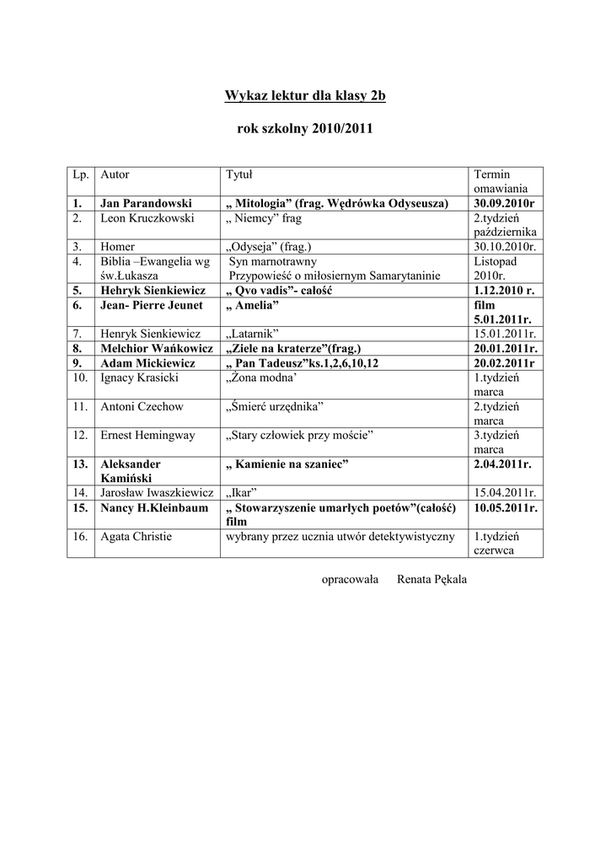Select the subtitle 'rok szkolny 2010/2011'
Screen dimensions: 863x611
[305, 130]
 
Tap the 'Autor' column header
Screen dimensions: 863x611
[115, 174]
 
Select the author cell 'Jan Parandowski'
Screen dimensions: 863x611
[147, 203]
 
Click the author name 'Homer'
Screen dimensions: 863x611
[118, 247]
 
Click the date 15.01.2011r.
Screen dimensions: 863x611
[505, 334]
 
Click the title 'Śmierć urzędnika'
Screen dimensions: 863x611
[275, 406]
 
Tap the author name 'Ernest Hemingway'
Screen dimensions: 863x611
[147, 435]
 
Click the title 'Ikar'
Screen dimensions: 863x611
[241, 493]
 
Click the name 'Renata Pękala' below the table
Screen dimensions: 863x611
[431, 579]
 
